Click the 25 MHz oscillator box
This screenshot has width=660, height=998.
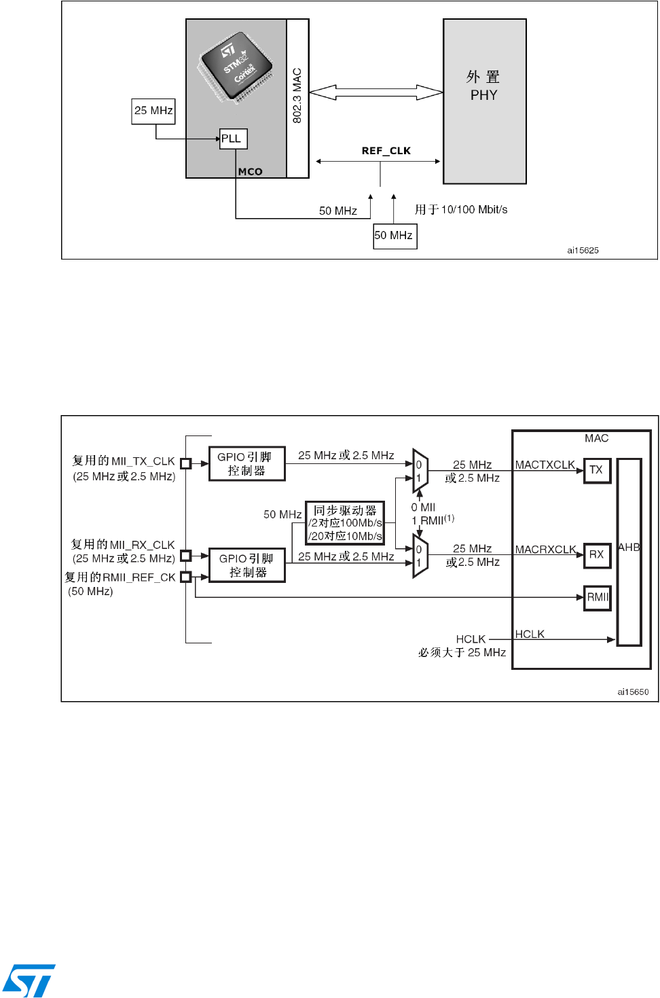pyautogui.click(x=153, y=111)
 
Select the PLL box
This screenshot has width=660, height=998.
pyautogui.click(x=233, y=139)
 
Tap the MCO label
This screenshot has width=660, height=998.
pyautogui.click(x=250, y=172)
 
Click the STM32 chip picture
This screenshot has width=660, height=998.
pyautogui.click(x=235, y=67)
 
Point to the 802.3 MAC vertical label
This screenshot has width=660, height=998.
pyautogui.click(x=297, y=96)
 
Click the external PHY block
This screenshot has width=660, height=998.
pyautogui.click(x=484, y=101)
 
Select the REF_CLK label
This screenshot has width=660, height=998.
pyautogui.click(x=386, y=151)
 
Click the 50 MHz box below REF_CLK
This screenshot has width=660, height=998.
pyautogui.click(x=395, y=236)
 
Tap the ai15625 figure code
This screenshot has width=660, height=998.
pyautogui.click(x=583, y=251)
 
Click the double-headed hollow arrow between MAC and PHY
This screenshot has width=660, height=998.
pyautogui.click(x=375, y=92)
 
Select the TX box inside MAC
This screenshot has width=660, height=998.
pyautogui.click(x=597, y=470)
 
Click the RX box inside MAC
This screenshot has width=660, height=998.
pyautogui.click(x=597, y=554)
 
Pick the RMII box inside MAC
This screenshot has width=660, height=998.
pyautogui.click(x=598, y=598)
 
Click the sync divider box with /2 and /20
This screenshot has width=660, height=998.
pyautogui.click(x=345, y=523)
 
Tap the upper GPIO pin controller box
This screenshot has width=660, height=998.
pyautogui.click(x=246, y=464)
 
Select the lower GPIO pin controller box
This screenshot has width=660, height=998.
pyautogui.click(x=246, y=565)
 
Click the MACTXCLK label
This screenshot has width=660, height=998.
pyautogui.click(x=545, y=465)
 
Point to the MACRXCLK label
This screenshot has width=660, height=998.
pyautogui.click(x=545, y=550)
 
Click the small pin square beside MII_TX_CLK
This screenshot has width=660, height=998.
pyautogui.click(x=185, y=463)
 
